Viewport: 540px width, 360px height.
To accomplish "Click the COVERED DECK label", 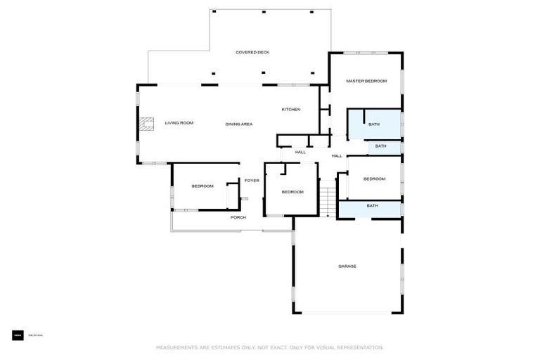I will [252, 52].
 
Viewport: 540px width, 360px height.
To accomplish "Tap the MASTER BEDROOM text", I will [366, 81].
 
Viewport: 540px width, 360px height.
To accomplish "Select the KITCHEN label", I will [291, 109].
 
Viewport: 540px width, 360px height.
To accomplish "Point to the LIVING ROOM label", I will [179, 123].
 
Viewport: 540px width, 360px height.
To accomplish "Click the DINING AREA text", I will [239, 124].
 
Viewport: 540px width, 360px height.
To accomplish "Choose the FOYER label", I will [252, 181].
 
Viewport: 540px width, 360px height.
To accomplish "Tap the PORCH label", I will [238, 217].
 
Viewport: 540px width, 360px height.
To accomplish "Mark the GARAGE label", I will [347, 266].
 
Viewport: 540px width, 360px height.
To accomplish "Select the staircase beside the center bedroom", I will [328, 198].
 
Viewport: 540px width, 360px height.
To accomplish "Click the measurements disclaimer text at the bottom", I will [270, 347].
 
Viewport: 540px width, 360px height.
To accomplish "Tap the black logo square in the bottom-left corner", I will [18, 335].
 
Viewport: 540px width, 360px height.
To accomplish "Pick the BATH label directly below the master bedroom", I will [374, 124].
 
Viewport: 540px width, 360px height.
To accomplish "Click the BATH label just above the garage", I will [372, 206].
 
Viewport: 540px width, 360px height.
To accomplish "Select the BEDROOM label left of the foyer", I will [202, 186].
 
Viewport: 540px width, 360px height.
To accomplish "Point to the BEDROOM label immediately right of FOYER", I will [292, 192].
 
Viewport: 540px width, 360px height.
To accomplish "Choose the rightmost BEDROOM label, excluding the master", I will [374, 179].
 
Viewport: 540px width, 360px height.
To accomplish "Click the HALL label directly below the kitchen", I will [300, 152].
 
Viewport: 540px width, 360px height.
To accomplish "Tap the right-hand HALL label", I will [337, 155].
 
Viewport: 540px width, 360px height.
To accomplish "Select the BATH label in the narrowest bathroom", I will [380, 146].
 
